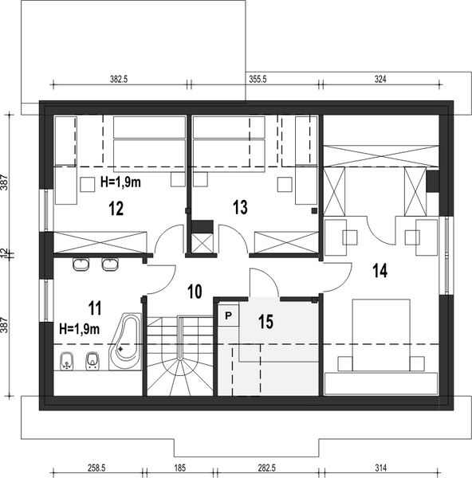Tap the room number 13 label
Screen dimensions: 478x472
pyautogui.click(x=240, y=207)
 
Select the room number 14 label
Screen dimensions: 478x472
pyautogui.click(x=379, y=270)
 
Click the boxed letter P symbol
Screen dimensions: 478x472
pyautogui.click(x=228, y=315)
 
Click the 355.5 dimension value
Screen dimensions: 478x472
pyautogui.click(x=257, y=79)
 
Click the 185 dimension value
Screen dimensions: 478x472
pyautogui.click(x=177, y=468)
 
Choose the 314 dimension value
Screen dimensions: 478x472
pyautogui.click(x=380, y=468)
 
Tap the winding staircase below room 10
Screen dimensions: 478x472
pyautogui.click(x=180, y=356)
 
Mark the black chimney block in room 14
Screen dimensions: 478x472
pyautogui.click(x=432, y=182)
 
